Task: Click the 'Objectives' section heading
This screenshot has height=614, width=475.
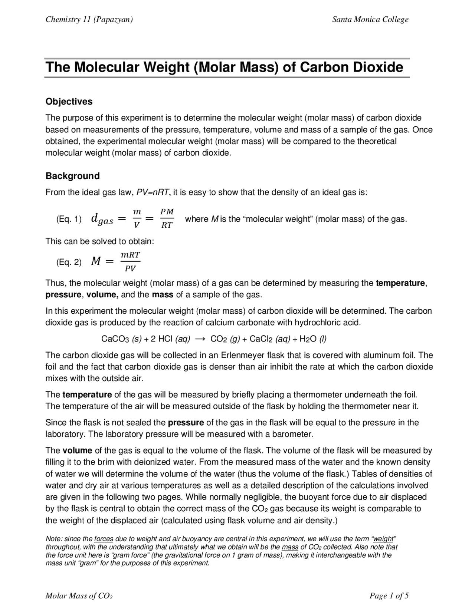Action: (x=69, y=102)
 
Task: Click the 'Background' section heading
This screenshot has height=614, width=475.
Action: (x=72, y=176)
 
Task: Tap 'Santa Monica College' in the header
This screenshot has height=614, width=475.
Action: (x=370, y=20)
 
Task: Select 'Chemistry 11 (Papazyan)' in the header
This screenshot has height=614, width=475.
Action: (x=89, y=20)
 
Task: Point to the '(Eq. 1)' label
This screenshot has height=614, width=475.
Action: (x=69, y=219)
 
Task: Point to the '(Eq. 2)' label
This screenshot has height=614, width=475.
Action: (x=69, y=263)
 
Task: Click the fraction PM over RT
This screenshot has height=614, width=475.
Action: (x=167, y=218)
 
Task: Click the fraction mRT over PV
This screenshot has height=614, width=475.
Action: (x=130, y=261)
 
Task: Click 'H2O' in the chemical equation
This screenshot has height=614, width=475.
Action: (x=308, y=339)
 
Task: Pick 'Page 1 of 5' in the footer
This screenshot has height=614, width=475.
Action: (x=389, y=596)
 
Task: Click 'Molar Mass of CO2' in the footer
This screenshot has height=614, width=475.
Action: (x=79, y=596)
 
